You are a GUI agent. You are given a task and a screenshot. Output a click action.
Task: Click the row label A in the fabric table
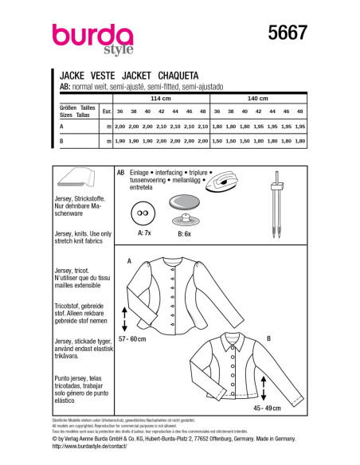[61, 127]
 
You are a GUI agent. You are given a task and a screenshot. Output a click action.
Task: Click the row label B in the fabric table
[61, 141]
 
